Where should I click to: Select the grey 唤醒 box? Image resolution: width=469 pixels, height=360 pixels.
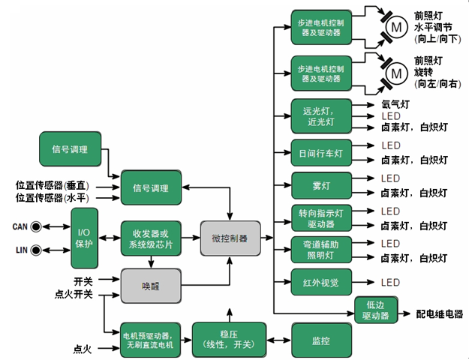(x=151, y=286)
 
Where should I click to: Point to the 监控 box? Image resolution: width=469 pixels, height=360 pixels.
(x=321, y=340)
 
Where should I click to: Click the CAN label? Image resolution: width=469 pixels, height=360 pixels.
(x=20, y=226)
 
